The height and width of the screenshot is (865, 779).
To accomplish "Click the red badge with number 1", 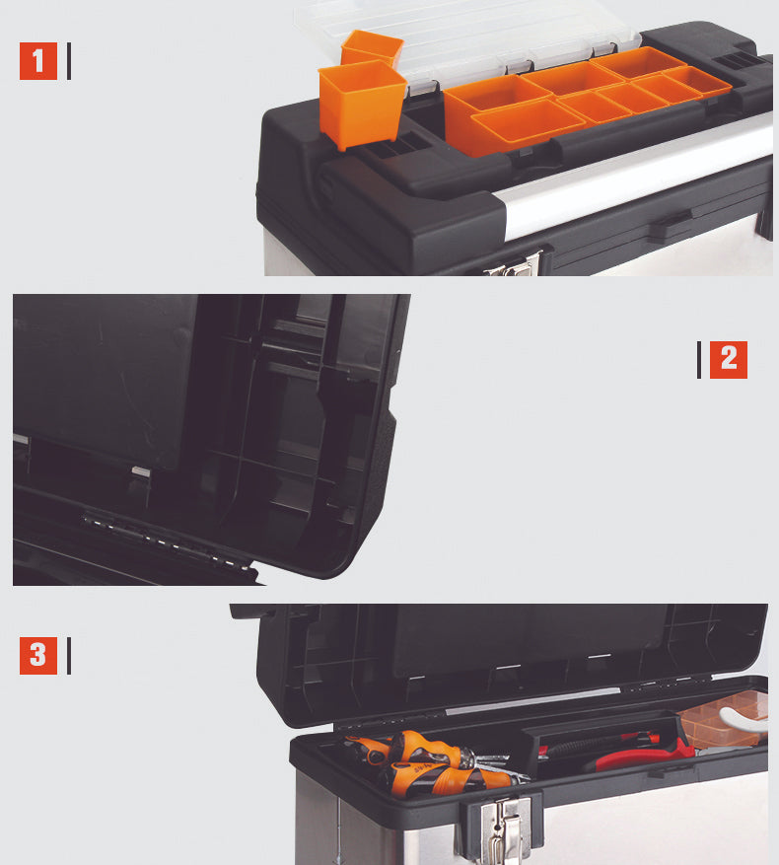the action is tap(38, 61).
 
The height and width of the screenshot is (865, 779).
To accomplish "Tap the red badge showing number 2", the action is tap(729, 360).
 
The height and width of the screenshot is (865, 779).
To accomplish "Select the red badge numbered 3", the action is tap(38, 655).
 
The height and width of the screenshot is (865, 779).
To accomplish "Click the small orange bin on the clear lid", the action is tap(372, 48).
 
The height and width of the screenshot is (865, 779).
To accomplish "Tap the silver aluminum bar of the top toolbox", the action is tap(634, 177).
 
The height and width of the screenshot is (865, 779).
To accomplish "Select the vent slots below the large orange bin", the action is tap(396, 146).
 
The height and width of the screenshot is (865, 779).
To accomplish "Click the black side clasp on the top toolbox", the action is tap(671, 225).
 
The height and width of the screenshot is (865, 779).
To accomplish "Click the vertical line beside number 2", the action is tap(699, 360).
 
